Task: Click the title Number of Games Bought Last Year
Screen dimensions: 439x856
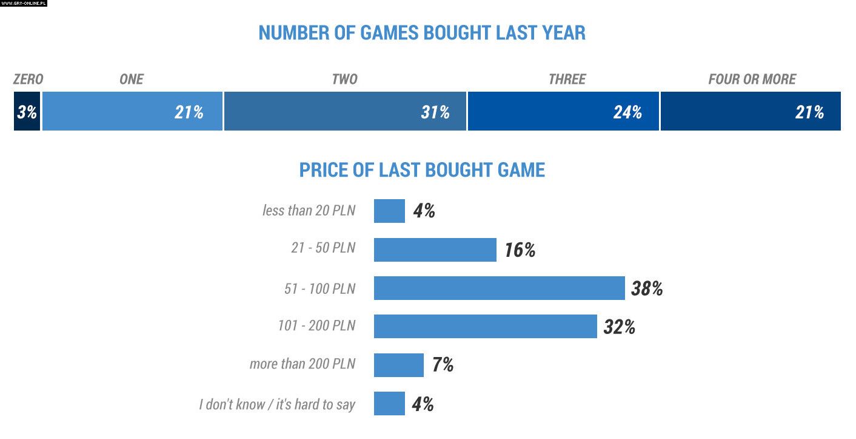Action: click(x=422, y=32)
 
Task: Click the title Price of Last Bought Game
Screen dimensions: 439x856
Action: click(x=422, y=170)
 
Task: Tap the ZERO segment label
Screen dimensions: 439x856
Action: click(x=28, y=79)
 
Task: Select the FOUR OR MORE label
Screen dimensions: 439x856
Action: click(x=752, y=79)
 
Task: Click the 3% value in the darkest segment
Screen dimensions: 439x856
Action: click(x=27, y=112)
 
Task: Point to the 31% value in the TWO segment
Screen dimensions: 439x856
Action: click(x=435, y=112)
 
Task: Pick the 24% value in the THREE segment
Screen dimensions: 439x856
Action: click(x=627, y=112)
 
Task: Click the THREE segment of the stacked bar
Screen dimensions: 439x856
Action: click(x=563, y=112)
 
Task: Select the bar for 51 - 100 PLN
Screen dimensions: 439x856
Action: click(x=499, y=288)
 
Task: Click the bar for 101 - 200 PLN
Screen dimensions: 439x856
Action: click(x=485, y=327)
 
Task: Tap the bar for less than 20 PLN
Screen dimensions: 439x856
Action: click(x=389, y=211)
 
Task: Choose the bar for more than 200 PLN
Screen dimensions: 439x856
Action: click(x=398, y=365)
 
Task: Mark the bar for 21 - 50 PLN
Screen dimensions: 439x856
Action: click(x=435, y=250)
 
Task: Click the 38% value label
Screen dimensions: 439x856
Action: click(x=646, y=288)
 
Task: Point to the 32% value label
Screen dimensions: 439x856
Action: click(x=619, y=327)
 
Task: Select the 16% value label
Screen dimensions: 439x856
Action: click(x=520, y=250)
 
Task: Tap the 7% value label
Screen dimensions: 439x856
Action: click(x=443, y=365)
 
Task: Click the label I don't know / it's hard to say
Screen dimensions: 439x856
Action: click(x=277, y=404)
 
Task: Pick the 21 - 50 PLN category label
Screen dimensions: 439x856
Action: click(x=323, y=249)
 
